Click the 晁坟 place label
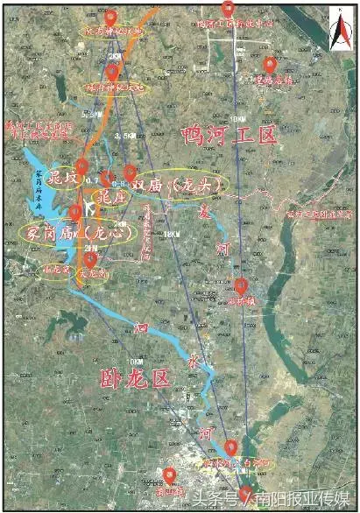64,176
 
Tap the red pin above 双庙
131,172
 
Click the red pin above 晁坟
81,165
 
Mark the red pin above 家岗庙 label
75,211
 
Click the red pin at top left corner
109,18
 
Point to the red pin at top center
229,8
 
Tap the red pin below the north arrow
271,63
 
